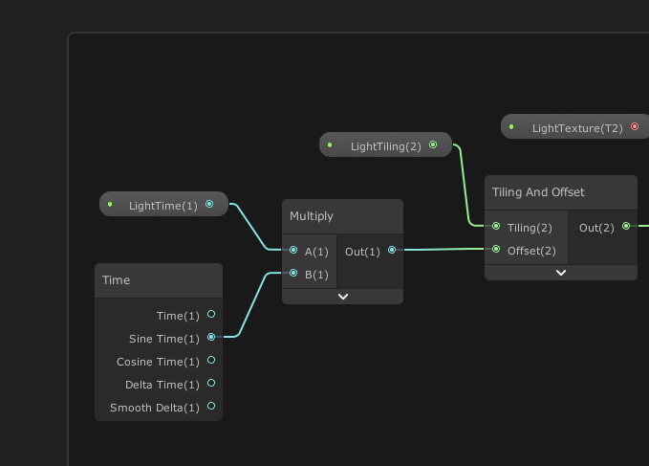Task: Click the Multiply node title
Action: click(312, 216)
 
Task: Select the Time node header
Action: click(117, 280)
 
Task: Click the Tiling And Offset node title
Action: click(538, 192)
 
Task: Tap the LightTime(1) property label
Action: click(162, 205)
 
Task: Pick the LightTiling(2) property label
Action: click(385, 146)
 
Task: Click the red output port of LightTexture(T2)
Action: click(635, 126)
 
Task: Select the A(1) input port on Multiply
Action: click(293, 251)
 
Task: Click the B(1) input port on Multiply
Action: click(293, 274)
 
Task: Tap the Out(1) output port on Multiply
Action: click(392, 251)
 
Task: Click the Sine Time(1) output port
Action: click(211, 338)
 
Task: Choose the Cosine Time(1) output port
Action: click(211, 361)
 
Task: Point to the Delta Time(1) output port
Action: click(211, 384)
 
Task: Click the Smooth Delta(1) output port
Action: click(211, 407)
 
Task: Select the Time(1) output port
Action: click(211, 314)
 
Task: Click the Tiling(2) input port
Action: click(496, 227)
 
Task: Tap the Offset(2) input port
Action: click(496, 250)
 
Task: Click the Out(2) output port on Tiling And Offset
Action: click(626, 227)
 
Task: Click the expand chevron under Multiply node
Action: click(343, 297)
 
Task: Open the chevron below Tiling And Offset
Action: click(561, 273)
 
